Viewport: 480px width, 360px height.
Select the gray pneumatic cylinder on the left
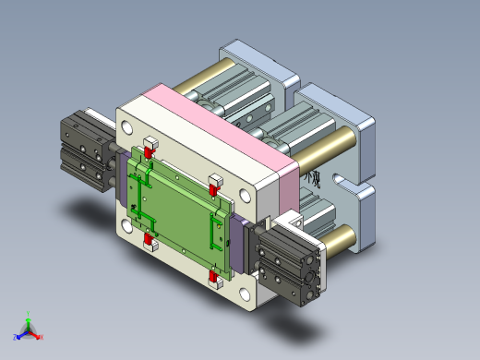[x=86, y=149]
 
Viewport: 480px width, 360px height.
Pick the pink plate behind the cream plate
[x=231, y=120]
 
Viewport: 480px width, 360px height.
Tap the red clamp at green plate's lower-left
[x=149, y=242]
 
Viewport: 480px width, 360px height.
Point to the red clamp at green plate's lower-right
[x=215, y=278]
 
